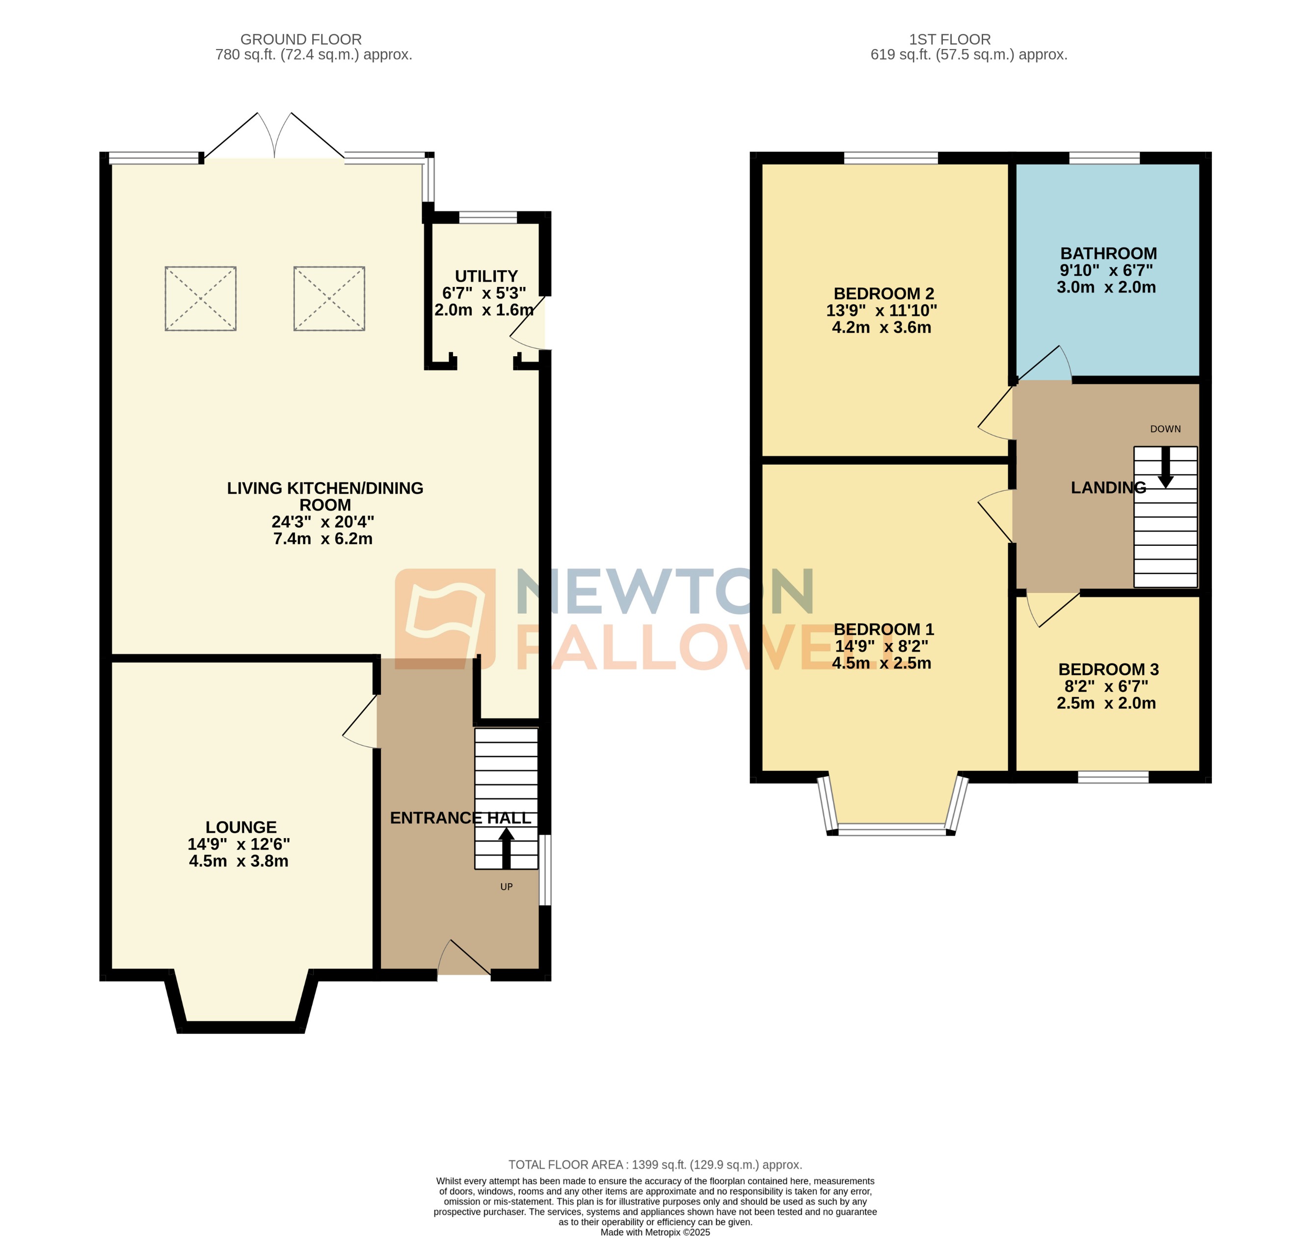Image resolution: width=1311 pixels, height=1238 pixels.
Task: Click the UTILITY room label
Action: [486, 276]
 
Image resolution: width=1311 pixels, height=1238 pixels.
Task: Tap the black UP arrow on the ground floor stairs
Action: [506, 848]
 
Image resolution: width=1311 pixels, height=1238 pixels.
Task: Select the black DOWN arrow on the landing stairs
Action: [1165, 468]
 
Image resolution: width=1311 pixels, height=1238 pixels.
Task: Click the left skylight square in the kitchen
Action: [200, 298]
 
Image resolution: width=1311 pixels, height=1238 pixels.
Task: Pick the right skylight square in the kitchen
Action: [329, 298]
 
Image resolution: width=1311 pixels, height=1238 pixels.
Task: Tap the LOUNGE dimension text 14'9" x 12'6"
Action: [239, 844]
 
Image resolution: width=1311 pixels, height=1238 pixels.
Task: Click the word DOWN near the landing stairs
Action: [1165, 429]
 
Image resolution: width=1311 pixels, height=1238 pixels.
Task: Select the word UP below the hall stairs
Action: [506, 887]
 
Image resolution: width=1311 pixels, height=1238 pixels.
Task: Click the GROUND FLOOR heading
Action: [301, 40]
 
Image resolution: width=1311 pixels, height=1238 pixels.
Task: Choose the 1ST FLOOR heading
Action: [950, 40]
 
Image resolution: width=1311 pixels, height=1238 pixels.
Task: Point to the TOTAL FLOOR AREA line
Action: [655, 1165]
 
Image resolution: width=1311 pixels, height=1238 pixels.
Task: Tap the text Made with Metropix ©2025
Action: [655, 1232]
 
